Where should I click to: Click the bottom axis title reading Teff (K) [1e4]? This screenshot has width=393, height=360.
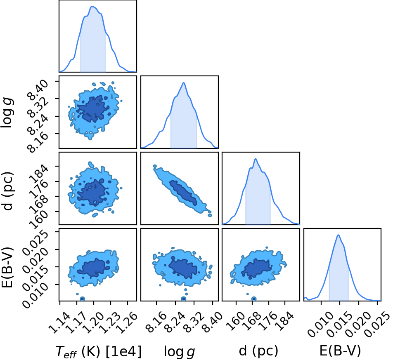(98, 351)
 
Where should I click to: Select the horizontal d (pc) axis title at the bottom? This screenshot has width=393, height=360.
(258, 351)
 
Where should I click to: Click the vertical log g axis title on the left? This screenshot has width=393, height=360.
(7, 113)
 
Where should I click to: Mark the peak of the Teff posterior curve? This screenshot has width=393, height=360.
(92, 6)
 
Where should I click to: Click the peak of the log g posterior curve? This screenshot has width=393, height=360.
(184, 82)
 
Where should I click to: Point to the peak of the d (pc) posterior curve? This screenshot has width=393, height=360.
(256, 159)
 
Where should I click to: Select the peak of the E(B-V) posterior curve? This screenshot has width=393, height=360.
(339, 235)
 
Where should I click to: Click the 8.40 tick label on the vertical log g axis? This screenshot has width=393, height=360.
(37, 91)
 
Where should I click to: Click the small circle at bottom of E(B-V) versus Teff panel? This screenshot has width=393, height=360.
(82, 299)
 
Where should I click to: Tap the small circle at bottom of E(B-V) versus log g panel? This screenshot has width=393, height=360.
(184, 299)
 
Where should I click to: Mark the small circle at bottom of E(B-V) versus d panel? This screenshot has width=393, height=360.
(254, 299)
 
